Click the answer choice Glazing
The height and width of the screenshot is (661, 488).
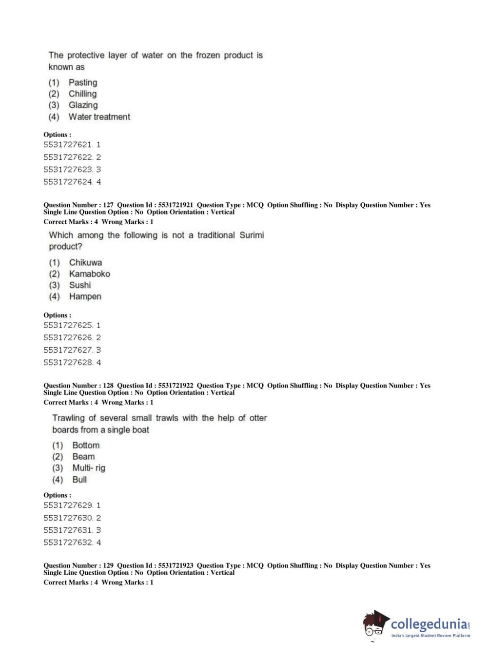(x=83, y=105)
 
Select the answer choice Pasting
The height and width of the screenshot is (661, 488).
(x=82, y=83)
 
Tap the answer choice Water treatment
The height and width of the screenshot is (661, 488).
(x=99, y=117)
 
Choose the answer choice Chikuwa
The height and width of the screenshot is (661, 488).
(x=85, y=263)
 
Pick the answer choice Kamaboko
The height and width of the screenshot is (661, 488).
(x=89, y=274)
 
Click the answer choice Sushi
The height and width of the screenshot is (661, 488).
(x=80, y=285)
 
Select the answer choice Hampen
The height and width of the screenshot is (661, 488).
(x=85, y=296)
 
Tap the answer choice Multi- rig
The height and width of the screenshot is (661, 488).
(x=88, y=468)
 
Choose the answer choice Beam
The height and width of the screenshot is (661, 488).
(x=83, y=457)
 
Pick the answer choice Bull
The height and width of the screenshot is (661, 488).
(x=79, y=480)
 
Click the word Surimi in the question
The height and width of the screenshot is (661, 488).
(x=252, y=235)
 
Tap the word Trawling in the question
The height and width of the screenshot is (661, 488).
(x=68, y=418)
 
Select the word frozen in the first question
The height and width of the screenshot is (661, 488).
(x=208, y=56)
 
